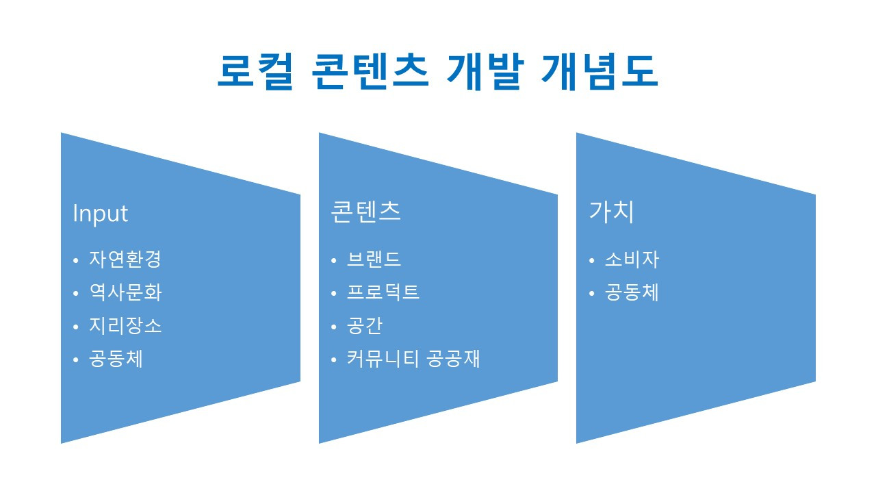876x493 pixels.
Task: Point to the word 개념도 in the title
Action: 599,71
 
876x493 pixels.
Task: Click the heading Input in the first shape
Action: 100,214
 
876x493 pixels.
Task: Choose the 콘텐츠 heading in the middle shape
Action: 365,212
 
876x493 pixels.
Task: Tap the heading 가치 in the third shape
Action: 611,212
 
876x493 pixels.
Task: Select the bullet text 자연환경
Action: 125,260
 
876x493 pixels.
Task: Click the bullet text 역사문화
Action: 125,293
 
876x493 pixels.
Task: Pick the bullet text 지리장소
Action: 125,326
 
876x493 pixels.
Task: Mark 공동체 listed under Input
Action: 116,359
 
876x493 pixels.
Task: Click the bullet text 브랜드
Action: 374,260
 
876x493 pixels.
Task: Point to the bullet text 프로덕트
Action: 383,293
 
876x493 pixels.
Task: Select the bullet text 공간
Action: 365,326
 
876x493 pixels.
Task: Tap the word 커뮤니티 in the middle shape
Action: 383,359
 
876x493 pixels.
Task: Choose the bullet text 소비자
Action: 632,260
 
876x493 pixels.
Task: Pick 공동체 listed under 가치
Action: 632,293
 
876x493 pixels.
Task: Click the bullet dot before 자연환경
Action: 75,261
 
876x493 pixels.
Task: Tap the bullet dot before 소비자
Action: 591,261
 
